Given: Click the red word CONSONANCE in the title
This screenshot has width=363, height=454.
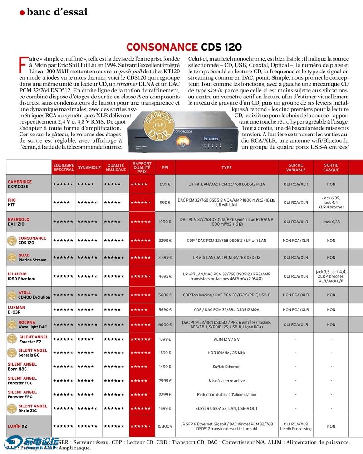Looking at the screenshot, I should [x=161, y=47].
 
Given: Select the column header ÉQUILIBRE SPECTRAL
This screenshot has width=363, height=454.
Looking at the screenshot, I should [x=64, y=167].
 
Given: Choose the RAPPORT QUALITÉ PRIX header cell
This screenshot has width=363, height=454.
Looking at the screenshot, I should [x=142, y=167].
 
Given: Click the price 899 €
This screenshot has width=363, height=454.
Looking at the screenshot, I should [x=165, y=184].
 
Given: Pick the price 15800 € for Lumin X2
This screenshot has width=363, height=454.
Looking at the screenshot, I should [x=164, y=426].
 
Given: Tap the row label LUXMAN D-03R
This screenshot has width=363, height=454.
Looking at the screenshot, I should [x=17, y=309].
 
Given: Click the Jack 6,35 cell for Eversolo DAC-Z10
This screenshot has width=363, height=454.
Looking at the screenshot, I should [x=331, y=222].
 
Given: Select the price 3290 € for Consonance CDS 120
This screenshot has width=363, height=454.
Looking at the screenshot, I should [x=164, y=241].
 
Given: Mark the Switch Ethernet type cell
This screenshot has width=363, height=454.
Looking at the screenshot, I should [x=226, y=367].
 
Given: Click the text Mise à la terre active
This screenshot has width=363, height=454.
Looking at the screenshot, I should [x=226, y=381].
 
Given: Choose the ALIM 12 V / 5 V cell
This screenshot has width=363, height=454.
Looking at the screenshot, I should [x=226, y=339].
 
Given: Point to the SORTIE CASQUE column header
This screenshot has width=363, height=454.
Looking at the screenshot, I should [x=331, y=167].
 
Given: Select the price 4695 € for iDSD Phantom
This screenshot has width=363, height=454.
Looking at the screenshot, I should [x=164, y=276].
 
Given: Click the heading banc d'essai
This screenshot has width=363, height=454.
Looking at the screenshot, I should [x=57, y=12].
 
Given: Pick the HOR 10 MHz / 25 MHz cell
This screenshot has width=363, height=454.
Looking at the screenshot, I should [x=226, y=353].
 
